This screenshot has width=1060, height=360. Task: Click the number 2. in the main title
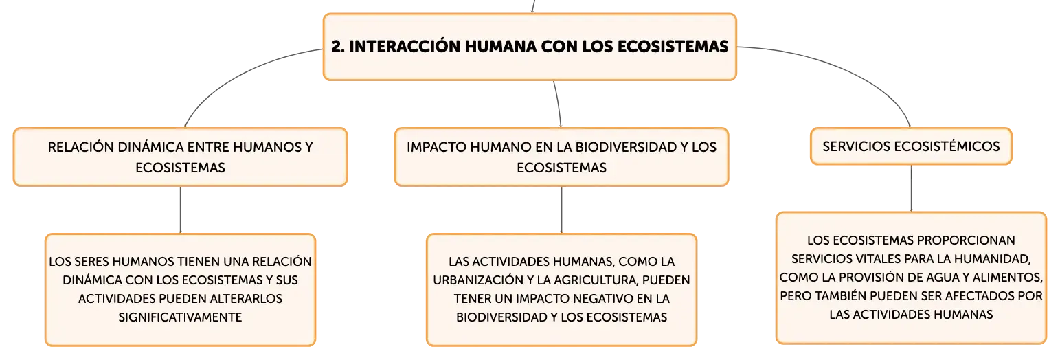click(338, 46)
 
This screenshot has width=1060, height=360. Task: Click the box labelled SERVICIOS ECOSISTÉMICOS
click(911, 146)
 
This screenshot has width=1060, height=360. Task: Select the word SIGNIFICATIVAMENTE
click(180, 317)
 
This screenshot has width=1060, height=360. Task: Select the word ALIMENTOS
click(1008, 278)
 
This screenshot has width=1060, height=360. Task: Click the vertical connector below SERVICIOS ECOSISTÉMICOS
click(911, 188)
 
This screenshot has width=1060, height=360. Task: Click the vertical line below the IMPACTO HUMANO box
click(562, 210)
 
